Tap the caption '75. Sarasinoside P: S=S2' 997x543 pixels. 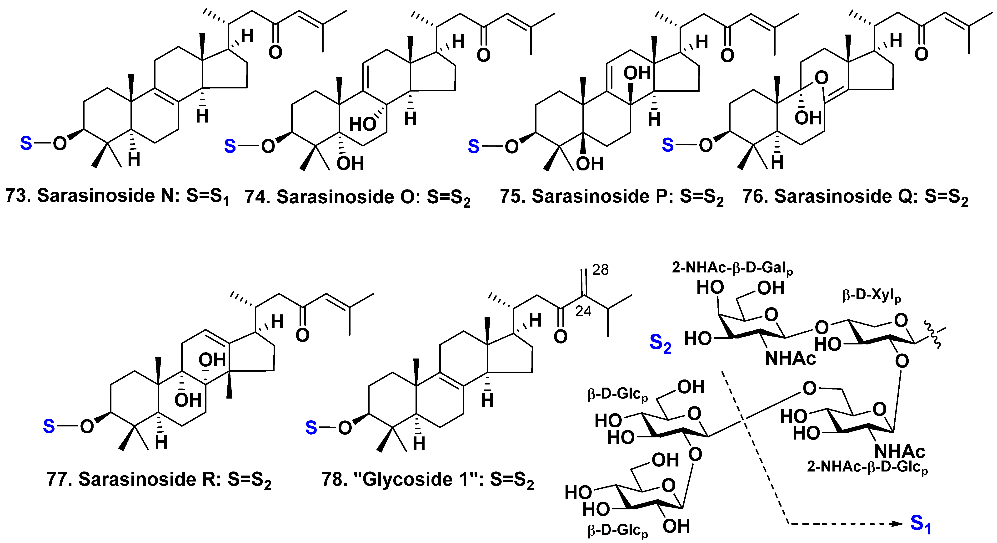[x=611, y=196]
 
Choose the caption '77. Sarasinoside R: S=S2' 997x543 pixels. [x=159, y=480]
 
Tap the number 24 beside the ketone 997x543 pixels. [x=583, y=311]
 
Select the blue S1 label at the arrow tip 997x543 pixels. [x=920, y=524]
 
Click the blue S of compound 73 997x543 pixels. [x=26, y=143]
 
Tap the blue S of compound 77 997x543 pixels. [x=49, y=426]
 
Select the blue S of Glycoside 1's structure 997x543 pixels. [x=311, y=428]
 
